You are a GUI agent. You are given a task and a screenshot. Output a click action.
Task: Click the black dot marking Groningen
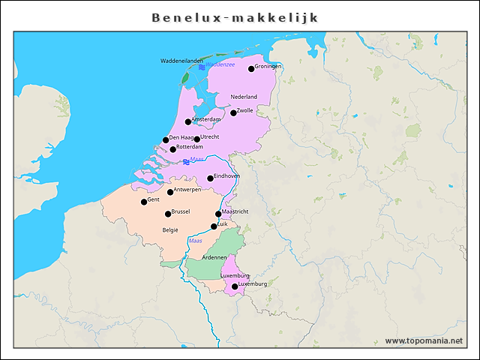point(252,69)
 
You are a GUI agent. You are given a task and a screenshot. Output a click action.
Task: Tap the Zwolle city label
point(245,111)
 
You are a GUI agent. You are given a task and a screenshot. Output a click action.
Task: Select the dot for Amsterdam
point(188,121)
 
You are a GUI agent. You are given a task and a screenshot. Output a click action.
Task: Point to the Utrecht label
point(210,137)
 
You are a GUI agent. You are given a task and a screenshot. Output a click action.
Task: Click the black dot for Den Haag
point(166,140)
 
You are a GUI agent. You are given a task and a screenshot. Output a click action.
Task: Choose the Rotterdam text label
point(190,147)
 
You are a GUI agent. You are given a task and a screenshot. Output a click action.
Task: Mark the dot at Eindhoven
point(211,178)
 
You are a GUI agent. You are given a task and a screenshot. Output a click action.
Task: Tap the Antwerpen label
point(187,190)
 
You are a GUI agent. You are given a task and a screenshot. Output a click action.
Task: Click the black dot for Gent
point(144,202)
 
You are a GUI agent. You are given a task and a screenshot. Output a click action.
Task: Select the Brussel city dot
point(168,214)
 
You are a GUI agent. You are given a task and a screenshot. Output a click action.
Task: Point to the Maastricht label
point(235,211)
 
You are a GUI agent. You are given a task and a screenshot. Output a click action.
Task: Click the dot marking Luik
point(214,226)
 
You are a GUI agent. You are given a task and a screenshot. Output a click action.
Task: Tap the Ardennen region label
point(214,257)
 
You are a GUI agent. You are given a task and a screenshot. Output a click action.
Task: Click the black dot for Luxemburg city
point(235,286)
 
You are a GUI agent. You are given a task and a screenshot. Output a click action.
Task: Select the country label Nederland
point(244,97)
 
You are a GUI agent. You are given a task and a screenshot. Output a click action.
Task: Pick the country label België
point(170,230)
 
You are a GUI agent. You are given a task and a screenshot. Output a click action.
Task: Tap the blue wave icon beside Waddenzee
point(202,67)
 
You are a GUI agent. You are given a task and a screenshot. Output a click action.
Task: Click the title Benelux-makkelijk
point(235,17)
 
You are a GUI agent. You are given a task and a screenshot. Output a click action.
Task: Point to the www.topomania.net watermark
point(424,340)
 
